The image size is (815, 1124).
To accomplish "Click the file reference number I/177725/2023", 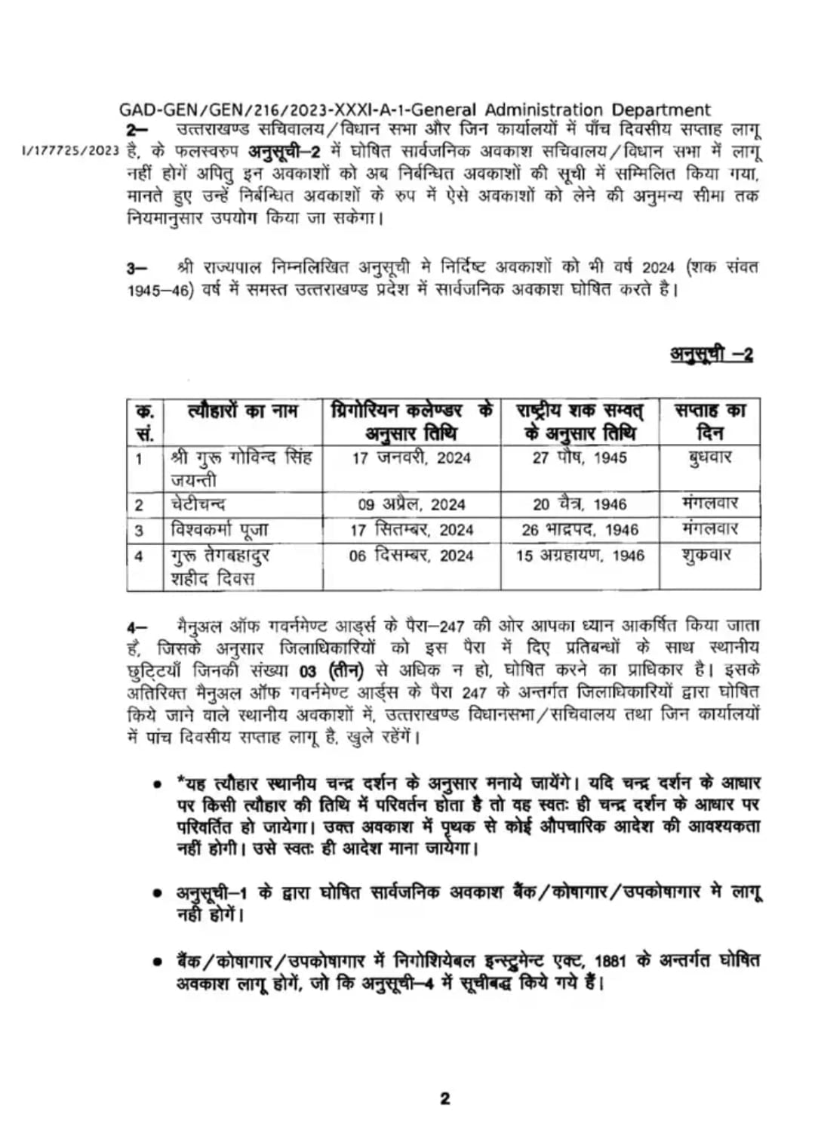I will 71,150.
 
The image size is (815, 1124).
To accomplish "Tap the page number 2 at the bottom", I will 444,1098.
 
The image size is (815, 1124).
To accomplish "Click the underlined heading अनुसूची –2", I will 711,353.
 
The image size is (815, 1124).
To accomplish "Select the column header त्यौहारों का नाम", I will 243,411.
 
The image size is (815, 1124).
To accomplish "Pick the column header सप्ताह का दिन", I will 709,421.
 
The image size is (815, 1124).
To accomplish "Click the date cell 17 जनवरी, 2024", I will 411,457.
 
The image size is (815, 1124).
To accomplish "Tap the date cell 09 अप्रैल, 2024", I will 411,504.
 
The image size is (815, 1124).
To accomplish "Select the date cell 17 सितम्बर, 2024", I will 411,530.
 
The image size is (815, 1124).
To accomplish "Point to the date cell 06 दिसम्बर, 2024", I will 411,556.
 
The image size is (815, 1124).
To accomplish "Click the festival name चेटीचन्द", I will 198,504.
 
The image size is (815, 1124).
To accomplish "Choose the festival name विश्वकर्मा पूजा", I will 220,530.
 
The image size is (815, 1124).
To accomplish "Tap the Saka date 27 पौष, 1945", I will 580,457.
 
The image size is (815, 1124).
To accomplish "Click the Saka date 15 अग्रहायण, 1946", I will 580,556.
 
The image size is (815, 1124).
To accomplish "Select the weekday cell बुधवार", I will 709,457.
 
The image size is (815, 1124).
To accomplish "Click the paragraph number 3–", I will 137,268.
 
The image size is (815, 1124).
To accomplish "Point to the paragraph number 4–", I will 137,627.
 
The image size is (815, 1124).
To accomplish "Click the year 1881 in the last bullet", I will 610,962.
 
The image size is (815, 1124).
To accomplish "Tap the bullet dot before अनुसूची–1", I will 157,894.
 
